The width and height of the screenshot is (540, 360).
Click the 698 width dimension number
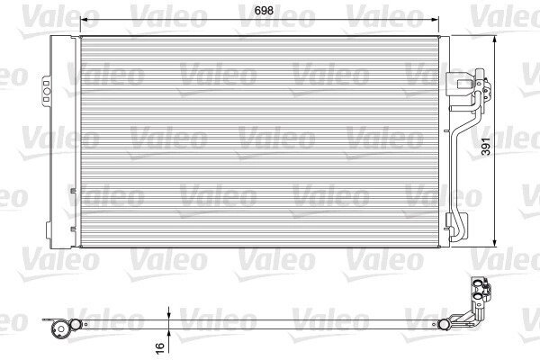pyautogui.click(x=264, y=11)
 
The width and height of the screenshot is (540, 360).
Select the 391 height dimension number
pyautogui.click(x=485, y=146)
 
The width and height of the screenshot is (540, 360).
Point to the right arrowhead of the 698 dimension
pyautogui.click(x=435, y=20)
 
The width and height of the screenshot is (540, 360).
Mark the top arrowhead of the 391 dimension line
pyautogui.click(x=495, y=40)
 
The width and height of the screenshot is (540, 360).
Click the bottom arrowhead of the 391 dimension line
pyautogui.click(x=495, y=242)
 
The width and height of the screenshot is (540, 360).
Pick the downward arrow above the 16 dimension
pyautogui.click(x=168, y=314)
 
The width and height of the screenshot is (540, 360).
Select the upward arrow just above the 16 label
pyautogui.click(x=168, y=334)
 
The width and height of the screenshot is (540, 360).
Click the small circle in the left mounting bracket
pyautogui.click(x=47, y=91)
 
